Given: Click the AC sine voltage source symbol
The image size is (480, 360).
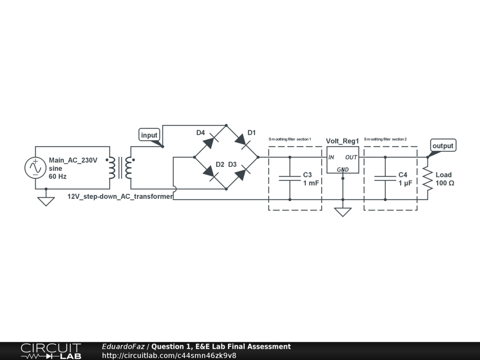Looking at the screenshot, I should click(x=36, y=168).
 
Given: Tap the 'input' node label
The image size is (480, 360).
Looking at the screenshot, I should click(x=150, y=135).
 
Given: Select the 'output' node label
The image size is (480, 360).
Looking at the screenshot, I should click(x=442, y=146).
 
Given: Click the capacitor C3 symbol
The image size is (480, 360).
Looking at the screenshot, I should click(x=290, y=178).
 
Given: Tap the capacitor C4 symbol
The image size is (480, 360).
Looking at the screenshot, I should click(x=385, y=178).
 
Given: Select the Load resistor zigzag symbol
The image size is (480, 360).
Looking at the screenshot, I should click(x=427, y=178).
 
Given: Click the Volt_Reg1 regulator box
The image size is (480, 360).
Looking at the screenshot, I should click(x=343, y=159).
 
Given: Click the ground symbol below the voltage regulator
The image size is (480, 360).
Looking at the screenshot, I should click(x=343, y=212).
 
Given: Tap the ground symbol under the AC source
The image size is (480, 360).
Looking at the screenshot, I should click(x=46, y=201).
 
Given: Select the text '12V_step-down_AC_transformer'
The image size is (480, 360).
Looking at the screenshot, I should click(x=120, y=196).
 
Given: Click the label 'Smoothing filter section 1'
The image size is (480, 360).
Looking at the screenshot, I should click(x=290, y=139).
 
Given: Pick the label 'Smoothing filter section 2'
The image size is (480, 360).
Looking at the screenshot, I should click(x=385, y=139).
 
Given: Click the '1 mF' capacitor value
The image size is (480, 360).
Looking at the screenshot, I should click(x=311, y=183).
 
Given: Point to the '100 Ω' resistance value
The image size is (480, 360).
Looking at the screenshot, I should click(x=445, y=183).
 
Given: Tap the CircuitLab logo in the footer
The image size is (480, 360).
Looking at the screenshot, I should click(x=51, y=351).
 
